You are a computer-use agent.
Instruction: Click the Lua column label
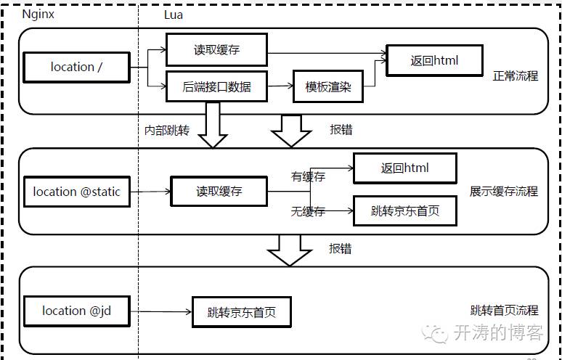click(x=174, y=14)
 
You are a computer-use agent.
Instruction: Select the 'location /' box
click(x=76, y=67)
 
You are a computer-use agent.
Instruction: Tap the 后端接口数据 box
click(x=217, y=87)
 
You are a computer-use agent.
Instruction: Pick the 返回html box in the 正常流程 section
click(x=434, y=60)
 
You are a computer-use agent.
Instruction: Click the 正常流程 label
click(x=516, y=75)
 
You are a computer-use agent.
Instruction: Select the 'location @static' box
click(x=76, y=192)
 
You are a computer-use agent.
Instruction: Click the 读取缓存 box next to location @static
click(x=219, y=192)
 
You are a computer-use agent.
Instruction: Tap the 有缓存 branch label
click(x=308, y=176)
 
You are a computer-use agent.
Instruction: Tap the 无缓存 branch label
click(x=308, y=211)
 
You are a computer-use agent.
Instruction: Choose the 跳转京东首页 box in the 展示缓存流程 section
click(x=405, y=211)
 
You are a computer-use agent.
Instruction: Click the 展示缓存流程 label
click(x=504, y=192)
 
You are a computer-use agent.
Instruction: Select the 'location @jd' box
click(x=76, y=311)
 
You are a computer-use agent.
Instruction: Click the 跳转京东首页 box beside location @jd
click(x=241, y=313)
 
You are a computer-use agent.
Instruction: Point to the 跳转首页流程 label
click(x=504, y=310)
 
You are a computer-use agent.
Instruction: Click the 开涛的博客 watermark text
click(x=497, y=333)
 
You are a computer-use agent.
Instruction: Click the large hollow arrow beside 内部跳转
click(x=213, y=125)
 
